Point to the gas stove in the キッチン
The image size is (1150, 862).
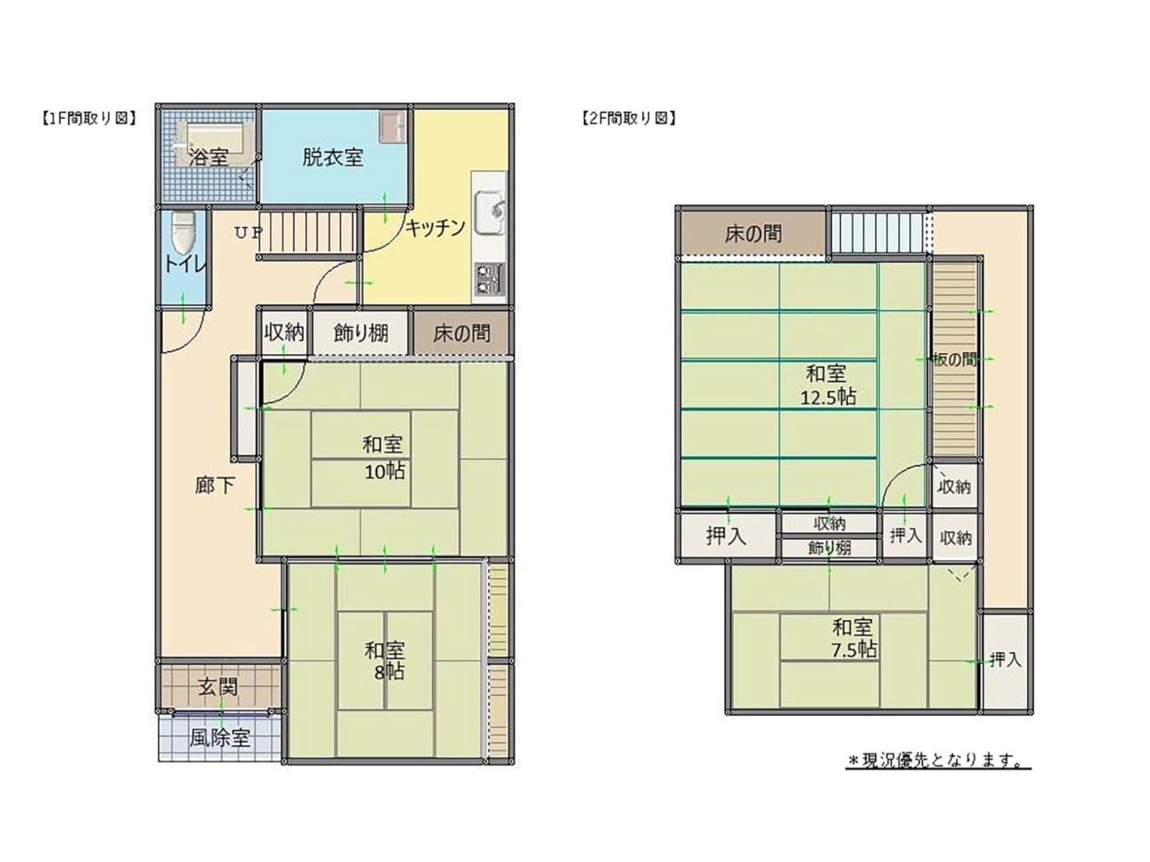click(x=488, y=279)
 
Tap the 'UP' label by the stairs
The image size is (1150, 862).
click(x=248, y=232)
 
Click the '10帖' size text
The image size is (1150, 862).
click(x=385, y=472)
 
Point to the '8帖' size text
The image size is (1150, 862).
click(x=389, y=671)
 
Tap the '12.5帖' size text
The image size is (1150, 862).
click(x=828, y=397)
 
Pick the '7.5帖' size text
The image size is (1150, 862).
click(x=854, y=650)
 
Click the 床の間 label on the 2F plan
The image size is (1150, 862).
click(x=753, y=234)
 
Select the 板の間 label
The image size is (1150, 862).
click(x=954, y=360)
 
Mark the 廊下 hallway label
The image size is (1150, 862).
click(x=215, y=486)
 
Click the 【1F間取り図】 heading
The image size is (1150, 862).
click(x=89, y=118)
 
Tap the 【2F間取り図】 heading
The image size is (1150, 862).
click(x=629, y=118)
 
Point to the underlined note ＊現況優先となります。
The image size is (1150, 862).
click(x=938, y=761)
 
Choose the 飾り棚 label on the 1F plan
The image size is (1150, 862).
click(x=361, y=334)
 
